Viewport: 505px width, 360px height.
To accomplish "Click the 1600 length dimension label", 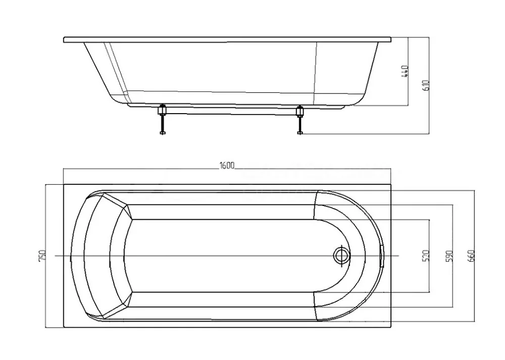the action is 227,166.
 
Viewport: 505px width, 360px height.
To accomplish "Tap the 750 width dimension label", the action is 42,256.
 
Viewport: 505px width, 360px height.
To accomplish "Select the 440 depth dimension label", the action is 406,71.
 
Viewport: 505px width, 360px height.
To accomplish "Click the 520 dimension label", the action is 426,255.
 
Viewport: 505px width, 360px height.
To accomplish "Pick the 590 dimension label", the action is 450,255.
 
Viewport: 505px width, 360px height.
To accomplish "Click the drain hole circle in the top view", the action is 341,255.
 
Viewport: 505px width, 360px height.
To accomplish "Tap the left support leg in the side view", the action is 162,119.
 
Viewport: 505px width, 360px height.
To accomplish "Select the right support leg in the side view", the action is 300,120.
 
